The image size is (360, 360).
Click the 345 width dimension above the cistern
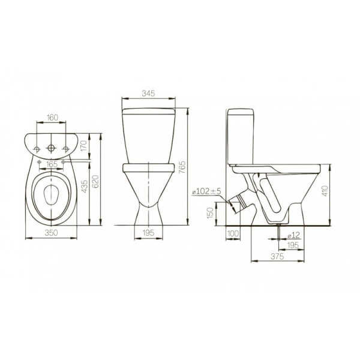coord(148,94)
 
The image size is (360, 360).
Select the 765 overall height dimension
coord(182,167)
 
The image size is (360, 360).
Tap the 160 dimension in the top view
coord(53,118)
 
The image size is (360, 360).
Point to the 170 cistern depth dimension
coord(84,146)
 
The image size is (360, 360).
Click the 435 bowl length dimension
coord(85,186)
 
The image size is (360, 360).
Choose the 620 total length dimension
coord(96,181)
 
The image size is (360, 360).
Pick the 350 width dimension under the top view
coord(51,233)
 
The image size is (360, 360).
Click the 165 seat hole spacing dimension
coord(52,164)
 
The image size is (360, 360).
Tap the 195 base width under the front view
coord(148,233)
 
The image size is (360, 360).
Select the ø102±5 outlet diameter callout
coord(206,191)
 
